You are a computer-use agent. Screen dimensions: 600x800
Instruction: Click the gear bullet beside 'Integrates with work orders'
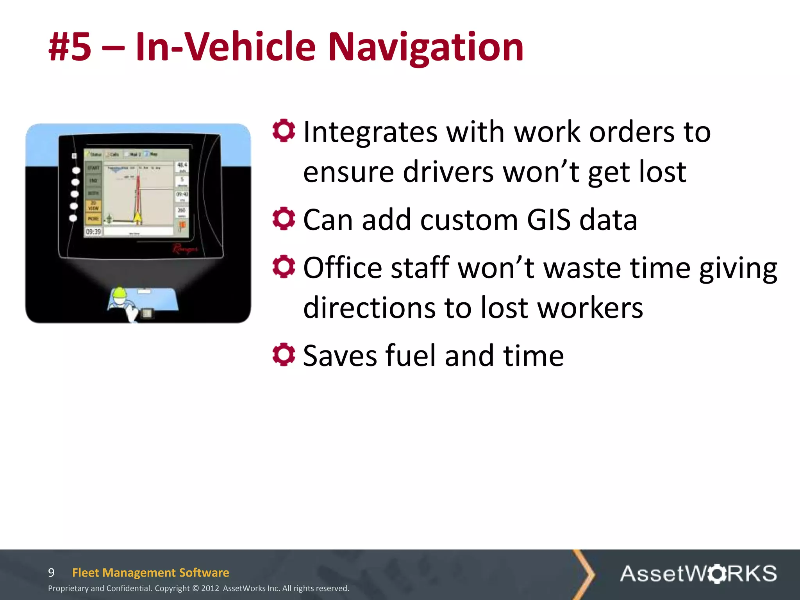(284, 130)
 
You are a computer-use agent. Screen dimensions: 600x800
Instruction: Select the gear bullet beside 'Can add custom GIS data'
(284, 218)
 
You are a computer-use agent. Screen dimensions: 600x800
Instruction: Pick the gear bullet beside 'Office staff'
(284, 266)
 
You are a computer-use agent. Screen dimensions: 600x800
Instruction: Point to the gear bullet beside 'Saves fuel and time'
(284, 354)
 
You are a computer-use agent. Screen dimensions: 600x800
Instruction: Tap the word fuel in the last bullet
(410, 355)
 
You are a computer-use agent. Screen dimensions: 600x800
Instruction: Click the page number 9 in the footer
(51, 573)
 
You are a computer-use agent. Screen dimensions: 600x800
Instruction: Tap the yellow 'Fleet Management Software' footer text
(150, 573)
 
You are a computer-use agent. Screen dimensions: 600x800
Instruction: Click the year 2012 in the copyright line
(210, 588)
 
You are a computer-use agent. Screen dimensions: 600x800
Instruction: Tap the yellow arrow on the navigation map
(137, 218)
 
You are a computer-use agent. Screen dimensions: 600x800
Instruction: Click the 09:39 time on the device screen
(93, 232)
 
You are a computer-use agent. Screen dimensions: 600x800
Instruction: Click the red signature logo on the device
(185, 248)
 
